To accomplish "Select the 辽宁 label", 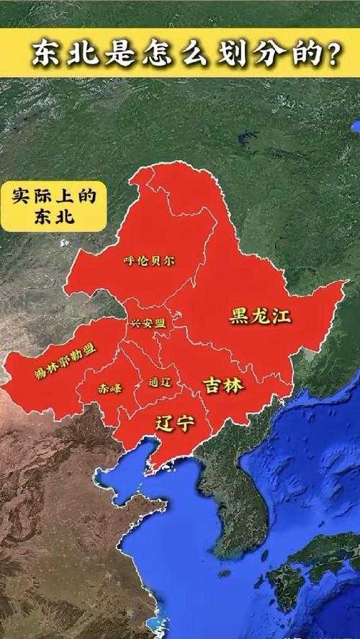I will click(x=176, y=423).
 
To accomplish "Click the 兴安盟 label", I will click(x=148, y=323).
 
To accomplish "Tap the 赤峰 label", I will click(x=110, y=388).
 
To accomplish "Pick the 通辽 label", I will click(x=160, y=382).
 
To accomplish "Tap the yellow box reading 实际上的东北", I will click(x=53, y=206).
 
